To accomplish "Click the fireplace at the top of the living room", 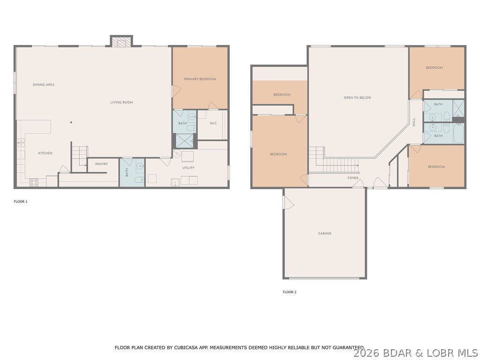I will click(x=121, y=42).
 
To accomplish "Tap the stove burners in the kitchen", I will click(x=34, y=182).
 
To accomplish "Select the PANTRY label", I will click(x=101, y=164).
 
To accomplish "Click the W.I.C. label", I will click(x=213, y=123).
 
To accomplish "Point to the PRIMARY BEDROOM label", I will click(x=200, y=79).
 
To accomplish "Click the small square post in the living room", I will click(x=71, y=123).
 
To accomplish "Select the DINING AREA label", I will click(x=44, y=85).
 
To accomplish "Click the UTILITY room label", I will click(x=188, y=168).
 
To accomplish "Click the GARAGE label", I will click(x=324, y=233).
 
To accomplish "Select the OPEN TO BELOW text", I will click(x=357, y=97).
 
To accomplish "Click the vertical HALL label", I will click(x=414, y=121).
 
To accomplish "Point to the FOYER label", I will click(x=352, y=178).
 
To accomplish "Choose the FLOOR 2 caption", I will click(x=289, y=292).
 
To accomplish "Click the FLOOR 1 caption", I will click(x=21, y=202).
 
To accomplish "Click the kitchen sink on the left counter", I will click(x=21, y=143).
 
